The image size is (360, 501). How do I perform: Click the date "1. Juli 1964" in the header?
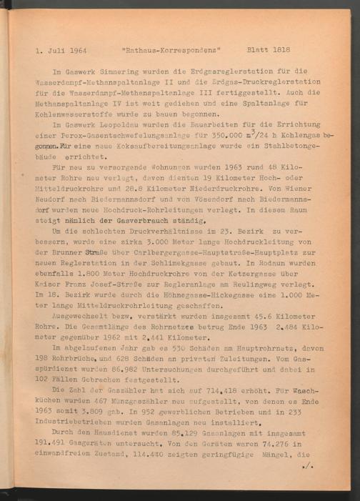click(61, 51)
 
